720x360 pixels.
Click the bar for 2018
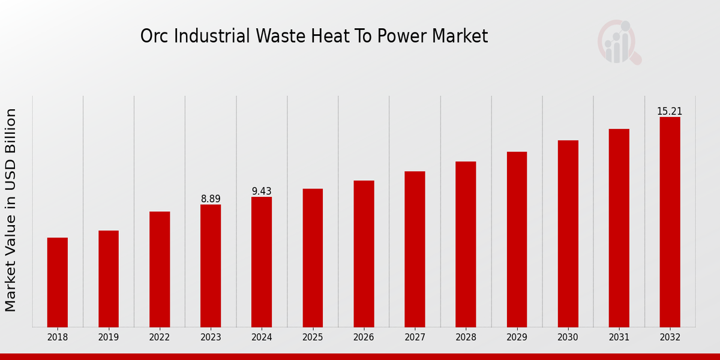(x=58, y=282)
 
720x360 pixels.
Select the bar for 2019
(x=109, y=278)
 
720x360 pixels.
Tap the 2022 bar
(x=160, y=269)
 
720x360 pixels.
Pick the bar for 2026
(x=364, y=253)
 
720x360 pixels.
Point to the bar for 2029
(x=517, y=239)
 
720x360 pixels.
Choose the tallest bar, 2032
(x=670, y=221)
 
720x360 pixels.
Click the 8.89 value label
(x=211, y=199)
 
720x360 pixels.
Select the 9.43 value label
(x=262, y=191)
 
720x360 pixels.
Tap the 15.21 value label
(x=670, y=111)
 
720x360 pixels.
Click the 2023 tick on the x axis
(x=211, y=337)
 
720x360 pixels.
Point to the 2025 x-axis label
(x=313, y=337)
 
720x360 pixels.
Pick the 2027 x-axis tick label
(x=415, y=337)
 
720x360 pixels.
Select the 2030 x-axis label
(x=568, y=337)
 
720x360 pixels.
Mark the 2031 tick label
(x=619, y=337)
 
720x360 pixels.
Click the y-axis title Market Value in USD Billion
(x=11, y=210)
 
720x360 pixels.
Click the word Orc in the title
(x=152, y=37)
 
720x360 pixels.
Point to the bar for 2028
(x=466, y=244)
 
